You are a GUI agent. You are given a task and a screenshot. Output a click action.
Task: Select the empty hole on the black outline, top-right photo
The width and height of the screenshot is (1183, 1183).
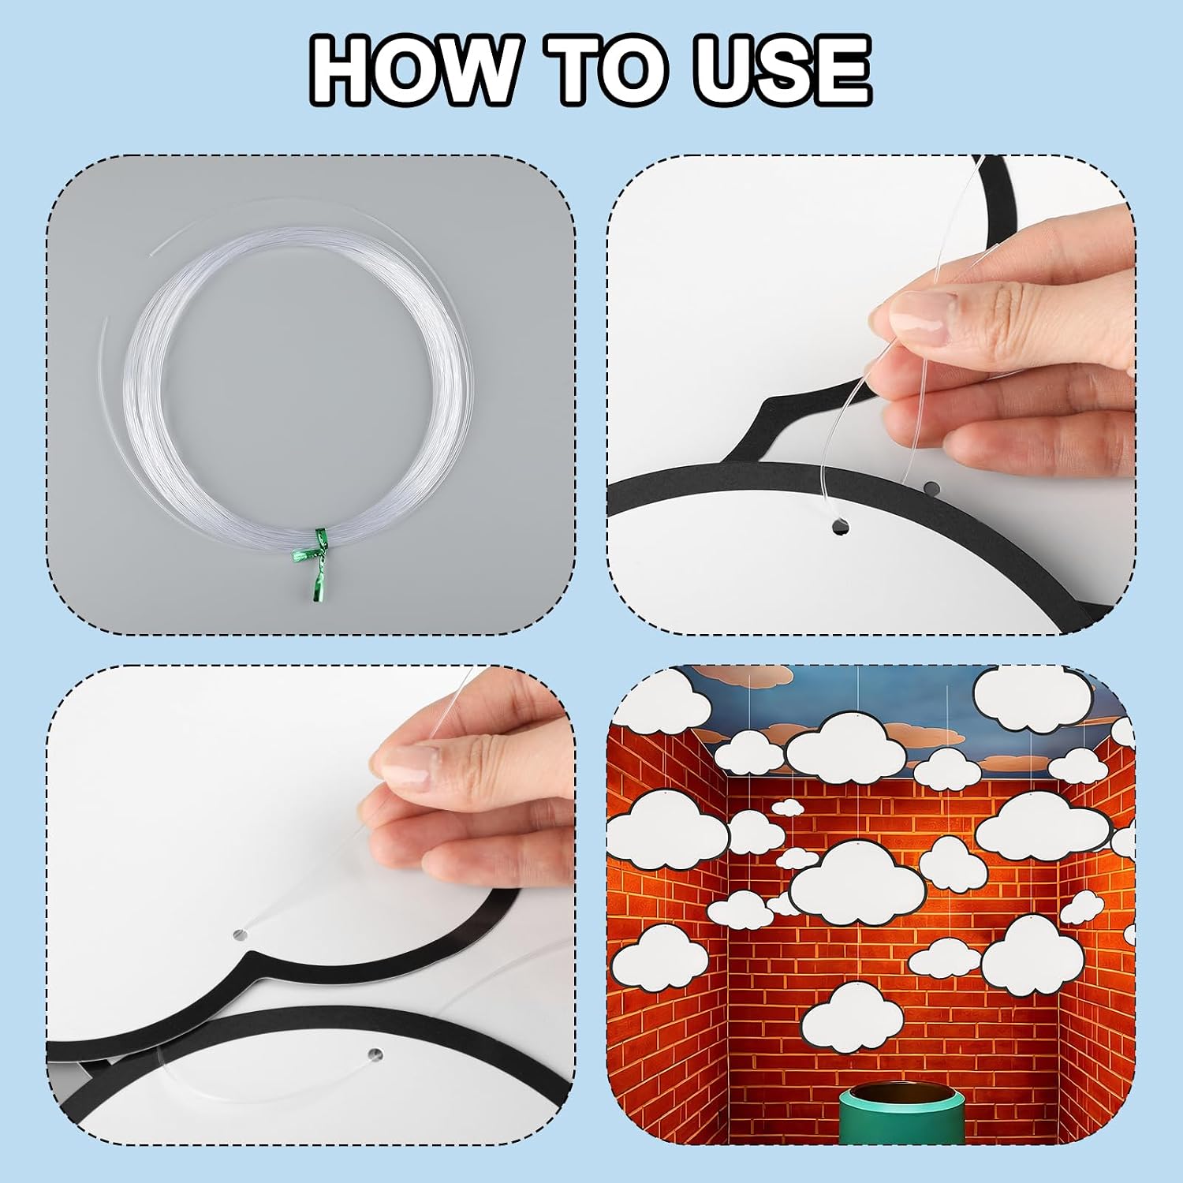(931, 487)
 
